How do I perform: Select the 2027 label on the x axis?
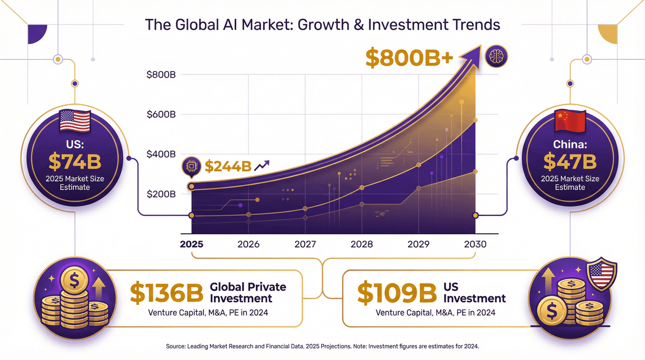(x=305, y=244)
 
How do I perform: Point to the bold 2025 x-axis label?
(x=192, y=244)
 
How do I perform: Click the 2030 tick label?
(x=475, y=244)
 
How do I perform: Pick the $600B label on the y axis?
(x=161, y=114)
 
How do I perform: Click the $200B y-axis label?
(x=161, y=194)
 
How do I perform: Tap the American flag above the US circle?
(x=75, y=121)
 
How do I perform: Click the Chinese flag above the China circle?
(x=570, y=122)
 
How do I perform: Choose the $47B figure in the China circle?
(x=570, y=161)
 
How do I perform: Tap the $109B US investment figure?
(x=397, y=293)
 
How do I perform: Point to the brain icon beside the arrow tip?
(x=496, y=56)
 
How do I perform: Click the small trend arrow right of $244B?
(x=261, y=166)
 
